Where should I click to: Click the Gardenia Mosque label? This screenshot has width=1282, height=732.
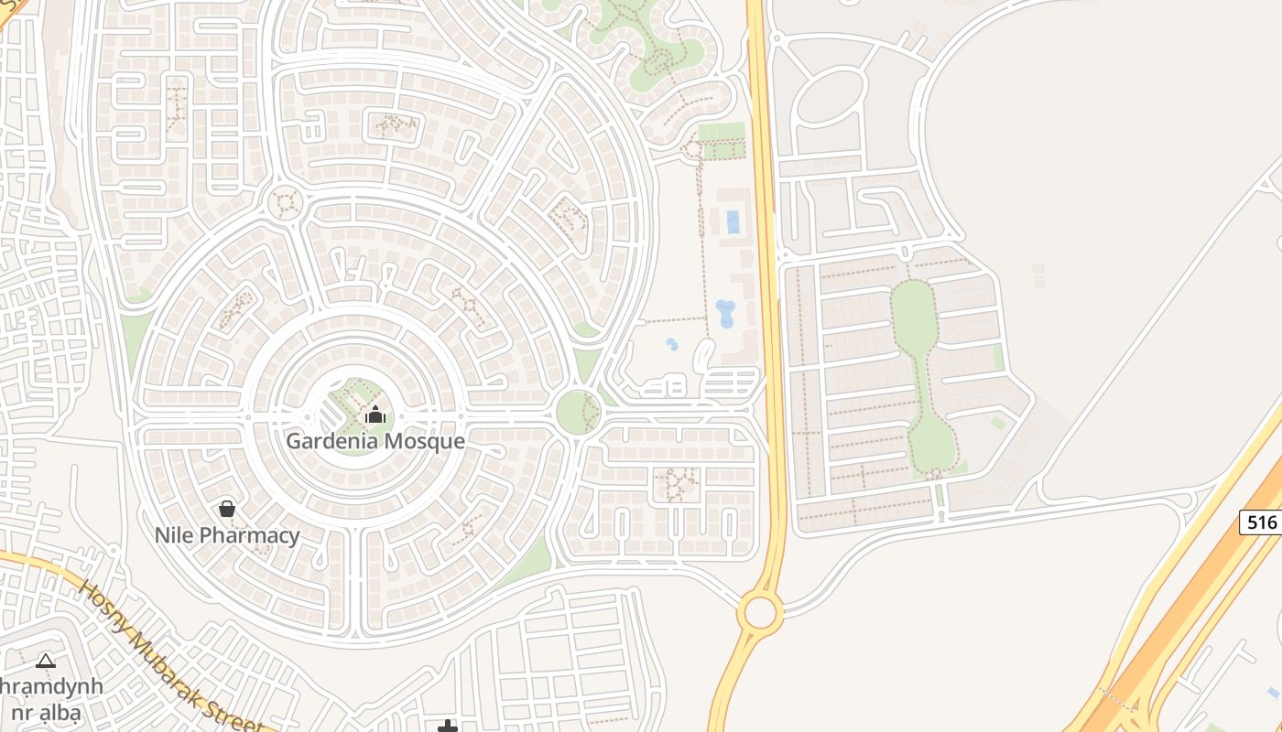click(375, 441)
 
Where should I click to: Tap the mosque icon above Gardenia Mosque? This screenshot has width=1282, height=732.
click(375, 414)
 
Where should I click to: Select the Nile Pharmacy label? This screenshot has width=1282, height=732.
click(227, 535)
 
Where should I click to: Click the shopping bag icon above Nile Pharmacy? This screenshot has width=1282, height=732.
click(227, 508)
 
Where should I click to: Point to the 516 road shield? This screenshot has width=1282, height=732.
click(1261, 522)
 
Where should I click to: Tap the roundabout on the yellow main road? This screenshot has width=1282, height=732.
click(760, 612)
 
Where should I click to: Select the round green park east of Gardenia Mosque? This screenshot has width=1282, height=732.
click(578, 412)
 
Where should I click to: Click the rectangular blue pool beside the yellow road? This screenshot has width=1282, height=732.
click(733, 221)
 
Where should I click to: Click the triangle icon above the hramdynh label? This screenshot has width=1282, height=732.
click(46, 661)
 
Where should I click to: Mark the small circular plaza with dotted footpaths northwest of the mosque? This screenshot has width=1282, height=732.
click(285, 203)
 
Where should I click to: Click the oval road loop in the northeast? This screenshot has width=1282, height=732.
click(830, 97)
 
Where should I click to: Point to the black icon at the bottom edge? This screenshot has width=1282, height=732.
click(447, 727)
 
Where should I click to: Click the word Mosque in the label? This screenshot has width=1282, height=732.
click(424, 441)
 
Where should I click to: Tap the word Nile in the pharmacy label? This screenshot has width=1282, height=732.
click(176, 535)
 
